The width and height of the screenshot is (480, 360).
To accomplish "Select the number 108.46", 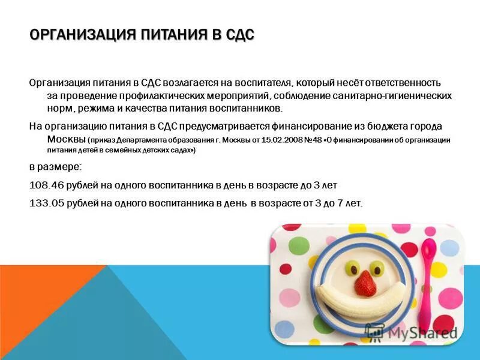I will [x=47, y=185].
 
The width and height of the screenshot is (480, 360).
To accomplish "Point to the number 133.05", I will [x=47, y=203].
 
